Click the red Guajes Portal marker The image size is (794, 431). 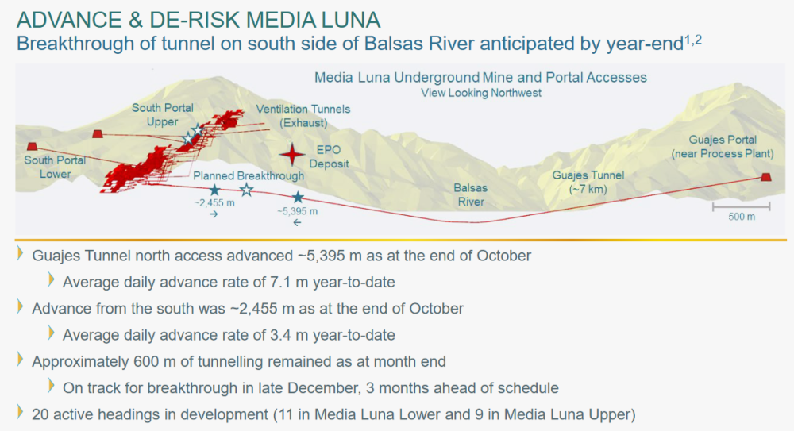[766, 177]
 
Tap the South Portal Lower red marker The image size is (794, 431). [32, 146]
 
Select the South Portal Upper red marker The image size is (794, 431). [98, 133]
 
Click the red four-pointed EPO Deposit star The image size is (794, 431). [292, 155]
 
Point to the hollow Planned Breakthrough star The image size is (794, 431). [247, 190]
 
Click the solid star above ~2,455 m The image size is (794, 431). [214, 190]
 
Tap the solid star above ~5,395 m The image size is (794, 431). [298, 198]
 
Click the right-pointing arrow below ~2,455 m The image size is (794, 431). [214, 214]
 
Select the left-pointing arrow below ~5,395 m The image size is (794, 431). [297, 222]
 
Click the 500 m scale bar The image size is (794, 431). [742, 206]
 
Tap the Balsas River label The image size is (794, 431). [471, 195]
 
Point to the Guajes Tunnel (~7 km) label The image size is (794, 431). [588, 183]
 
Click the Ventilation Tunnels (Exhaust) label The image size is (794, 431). [303, 116]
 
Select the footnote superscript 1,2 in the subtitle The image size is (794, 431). [693, 40]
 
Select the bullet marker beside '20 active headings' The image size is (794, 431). [21, 412]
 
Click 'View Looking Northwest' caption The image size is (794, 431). [481, 93]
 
